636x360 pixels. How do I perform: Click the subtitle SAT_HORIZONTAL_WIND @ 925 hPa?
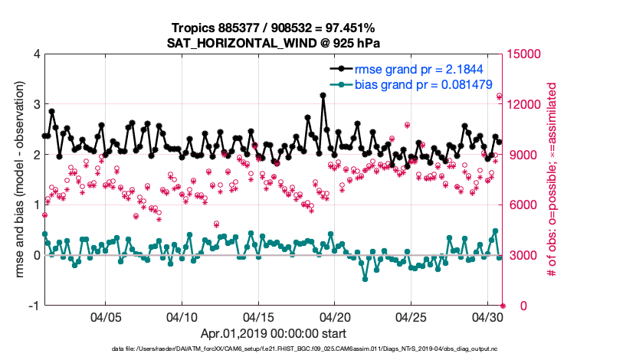click(274, 43)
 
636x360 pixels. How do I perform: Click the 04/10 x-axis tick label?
click(182, 317)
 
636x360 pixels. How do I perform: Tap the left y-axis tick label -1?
click(34, 306)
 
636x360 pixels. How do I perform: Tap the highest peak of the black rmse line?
click(323, 96)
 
